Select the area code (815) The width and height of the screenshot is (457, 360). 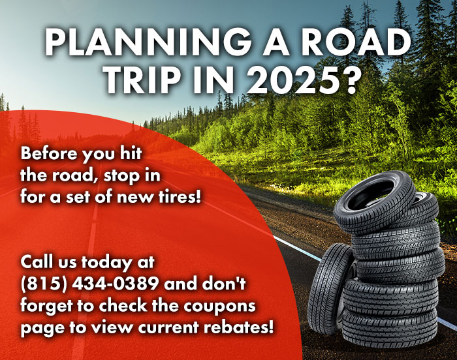[x=44, y=284]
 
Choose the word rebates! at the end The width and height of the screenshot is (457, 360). [x=238, y=327]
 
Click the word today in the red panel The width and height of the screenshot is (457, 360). [x=106, y=263]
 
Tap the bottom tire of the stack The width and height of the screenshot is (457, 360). [x=389, y=327]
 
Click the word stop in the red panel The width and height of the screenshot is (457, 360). [x=117, y=176]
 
